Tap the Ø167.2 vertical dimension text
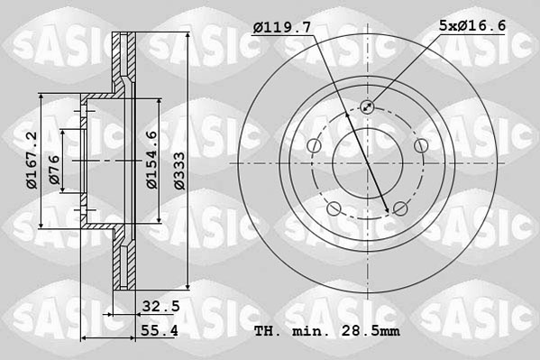click(32, 160)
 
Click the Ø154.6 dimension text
click(152, 161)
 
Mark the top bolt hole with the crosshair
click(367, 107)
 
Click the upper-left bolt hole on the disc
click(313, 146)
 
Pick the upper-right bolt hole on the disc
click(420, 146)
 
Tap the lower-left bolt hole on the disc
click(334, 209)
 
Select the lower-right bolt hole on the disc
click(399, 209)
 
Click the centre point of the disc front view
click(367, 163)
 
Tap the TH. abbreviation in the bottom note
click(268, 333)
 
